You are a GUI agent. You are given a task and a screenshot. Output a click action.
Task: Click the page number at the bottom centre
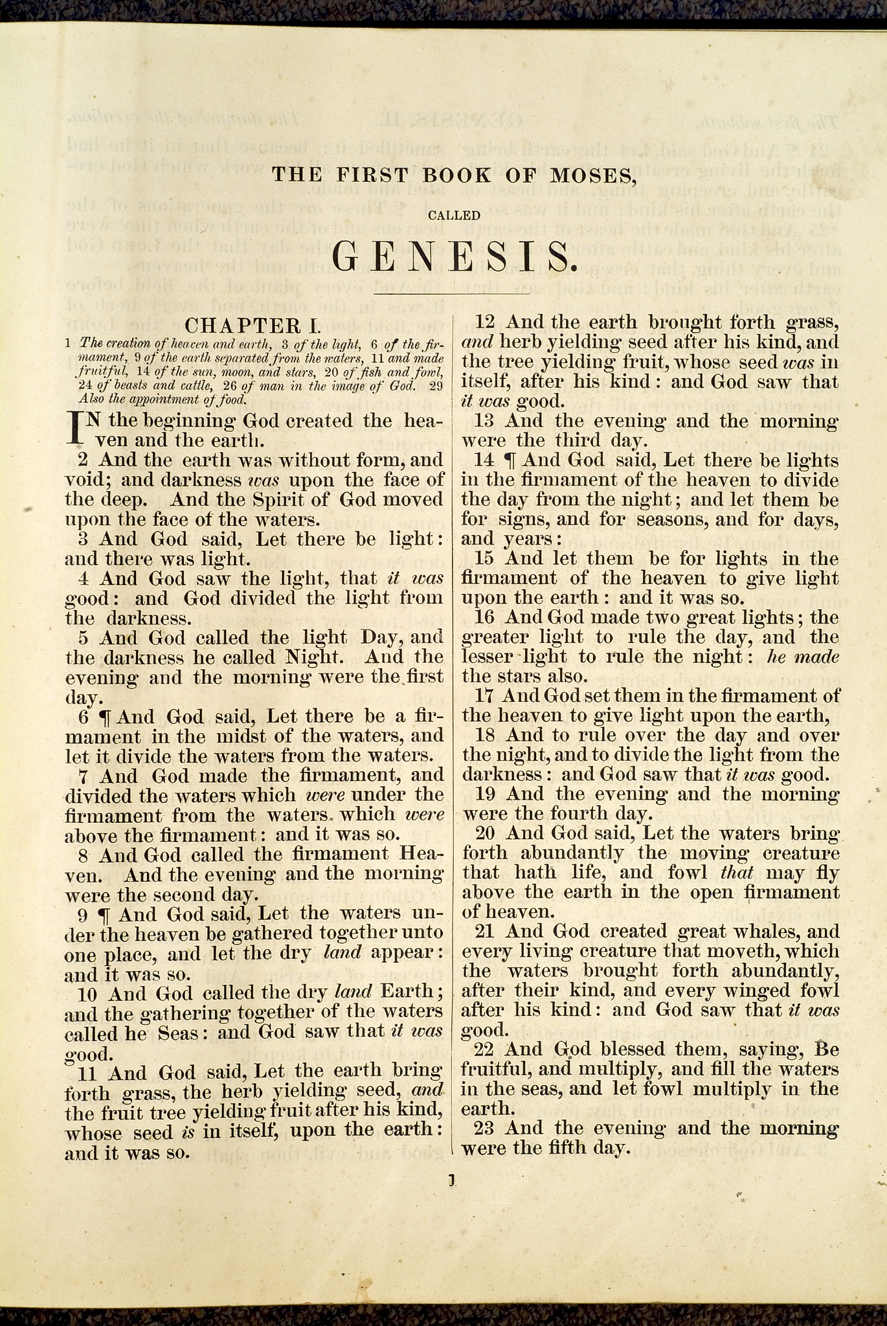coord(453,1180)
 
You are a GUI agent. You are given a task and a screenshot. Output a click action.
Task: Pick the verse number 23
coord(484,1129)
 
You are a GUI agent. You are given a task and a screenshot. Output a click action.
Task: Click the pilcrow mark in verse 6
coord(104,717)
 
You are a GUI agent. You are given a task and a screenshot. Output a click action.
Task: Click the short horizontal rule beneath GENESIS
coord(452,295)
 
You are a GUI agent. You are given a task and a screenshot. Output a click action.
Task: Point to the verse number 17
coord(484,696)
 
